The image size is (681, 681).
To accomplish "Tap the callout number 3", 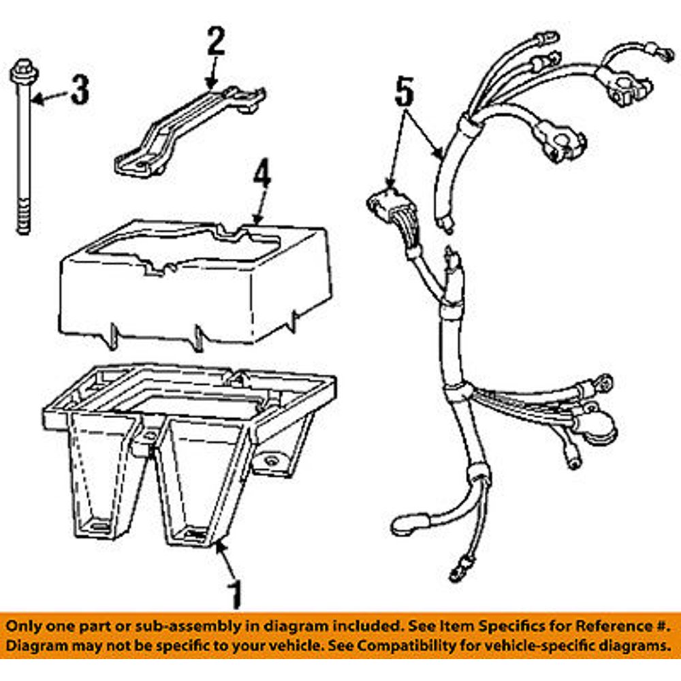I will click(x=80, y=90).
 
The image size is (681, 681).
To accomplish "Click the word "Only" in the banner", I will click(x=25, y=624).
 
